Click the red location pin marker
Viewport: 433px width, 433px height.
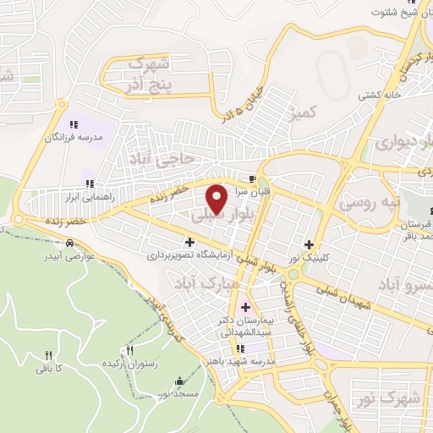coord(216,198)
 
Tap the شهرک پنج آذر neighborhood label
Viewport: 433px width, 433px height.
coord(147,74)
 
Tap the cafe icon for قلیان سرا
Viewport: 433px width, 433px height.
coord(253,179)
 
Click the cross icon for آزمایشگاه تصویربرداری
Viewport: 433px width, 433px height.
coord(190,243)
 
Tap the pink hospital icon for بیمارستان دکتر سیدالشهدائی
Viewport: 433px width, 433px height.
coord(246,307)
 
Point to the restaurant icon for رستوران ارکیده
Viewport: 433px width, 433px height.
coord(130,351)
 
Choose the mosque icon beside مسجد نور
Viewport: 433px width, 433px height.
coord(178,381)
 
